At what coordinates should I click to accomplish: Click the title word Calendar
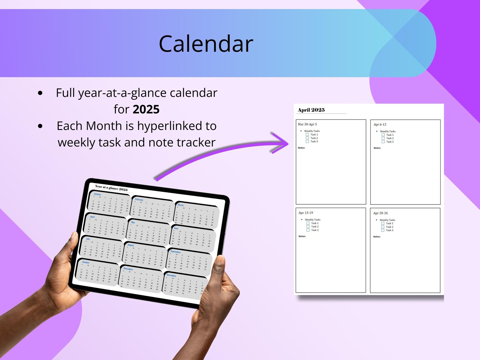[206, 44]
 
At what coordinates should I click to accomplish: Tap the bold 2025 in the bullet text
[146, 109]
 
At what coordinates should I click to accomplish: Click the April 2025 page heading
[311, 110]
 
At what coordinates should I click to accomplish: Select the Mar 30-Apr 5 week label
[307, 124]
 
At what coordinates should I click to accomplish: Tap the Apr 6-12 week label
[380, 125]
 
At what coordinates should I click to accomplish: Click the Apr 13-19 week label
[306, 213]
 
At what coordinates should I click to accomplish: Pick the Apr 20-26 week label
[380, 213]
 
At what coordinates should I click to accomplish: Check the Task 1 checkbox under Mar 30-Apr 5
[307, 135]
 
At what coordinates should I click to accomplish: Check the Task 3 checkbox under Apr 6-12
[383, 142]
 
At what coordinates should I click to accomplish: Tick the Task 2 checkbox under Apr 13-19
[308, 226]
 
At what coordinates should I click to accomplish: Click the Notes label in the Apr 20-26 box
[377, 237]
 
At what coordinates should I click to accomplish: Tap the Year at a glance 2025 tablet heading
[111, 188]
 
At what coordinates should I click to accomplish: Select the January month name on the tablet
[97, 194]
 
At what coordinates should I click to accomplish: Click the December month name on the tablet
[171, 275]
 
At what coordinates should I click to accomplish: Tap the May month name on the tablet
[133, 222]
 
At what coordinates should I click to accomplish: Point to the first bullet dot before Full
[40, 93]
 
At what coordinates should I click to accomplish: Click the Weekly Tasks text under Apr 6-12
[388, 131]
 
